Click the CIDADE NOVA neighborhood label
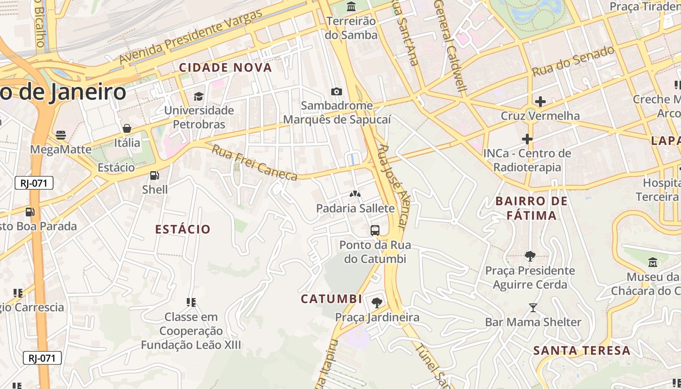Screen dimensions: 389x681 tap(225, 68)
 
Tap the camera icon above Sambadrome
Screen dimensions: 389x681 tap(336, 91)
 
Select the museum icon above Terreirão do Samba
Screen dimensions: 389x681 tap(351, 7)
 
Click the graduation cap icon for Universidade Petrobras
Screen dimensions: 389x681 tap(198, 96)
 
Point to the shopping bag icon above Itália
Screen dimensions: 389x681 tap(127, 129)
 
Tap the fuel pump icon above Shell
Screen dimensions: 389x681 tap(155, 176)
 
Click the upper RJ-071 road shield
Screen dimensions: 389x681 tap(34, 183)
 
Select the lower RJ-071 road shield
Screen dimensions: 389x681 tap(42, 358)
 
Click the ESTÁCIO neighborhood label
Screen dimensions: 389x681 tap(183, 229)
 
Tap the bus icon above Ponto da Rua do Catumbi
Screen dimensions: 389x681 tap(375, 230)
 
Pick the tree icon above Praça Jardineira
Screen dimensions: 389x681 tap(376, 303)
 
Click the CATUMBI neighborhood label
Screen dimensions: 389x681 tap(331, 299)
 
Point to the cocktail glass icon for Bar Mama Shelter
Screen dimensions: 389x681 tap(533, 308)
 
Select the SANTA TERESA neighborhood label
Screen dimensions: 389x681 tap(582, 350)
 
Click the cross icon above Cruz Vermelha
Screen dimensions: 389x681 tap(540, 102)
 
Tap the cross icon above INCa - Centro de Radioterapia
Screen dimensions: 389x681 tap(527, 139)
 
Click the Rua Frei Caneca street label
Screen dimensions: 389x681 tap(254, 162)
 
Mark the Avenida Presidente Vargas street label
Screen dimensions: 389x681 tap(191, 36)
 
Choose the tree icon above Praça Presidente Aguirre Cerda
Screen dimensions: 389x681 tap(530, 256)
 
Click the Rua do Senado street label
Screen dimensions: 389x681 tap(573, 61)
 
